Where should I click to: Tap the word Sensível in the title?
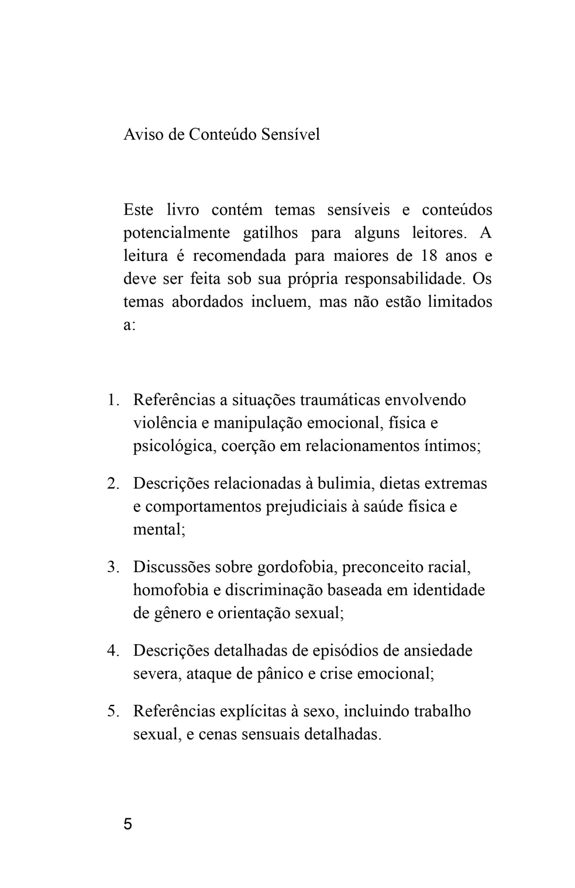(291, 135)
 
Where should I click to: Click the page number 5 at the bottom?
(128, 824)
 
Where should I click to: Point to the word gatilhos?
(270, 233)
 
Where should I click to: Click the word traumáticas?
(339, 400)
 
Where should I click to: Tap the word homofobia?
(171, 591)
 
